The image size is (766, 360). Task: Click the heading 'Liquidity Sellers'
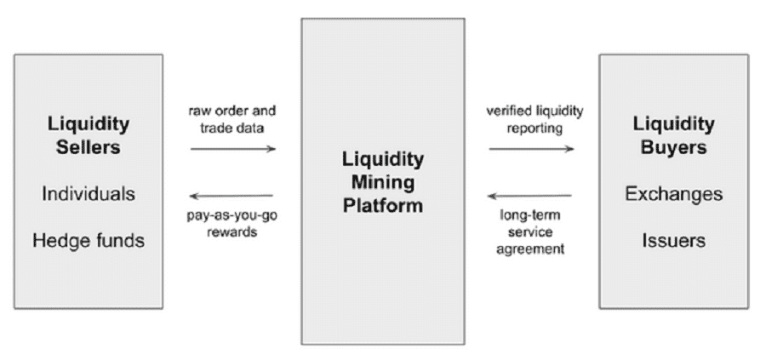pyautogui.click(x=89, y=134)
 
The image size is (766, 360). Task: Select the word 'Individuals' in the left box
pyautogui.click(x=89, y=194)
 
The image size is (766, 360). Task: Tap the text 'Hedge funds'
pyautogui.click(x=89, y=241)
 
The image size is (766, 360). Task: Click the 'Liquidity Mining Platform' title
pyautogui.click(x=382, y=182)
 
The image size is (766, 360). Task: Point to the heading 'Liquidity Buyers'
pyautogui.click(x=673, y=134)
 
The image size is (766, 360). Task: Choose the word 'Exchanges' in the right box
pyautogui.click(x=673, y=194)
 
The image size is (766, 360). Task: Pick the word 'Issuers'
pyautogui.click(x=673, y=241)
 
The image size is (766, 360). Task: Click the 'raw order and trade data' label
pyautogui.click(x=233, y=119)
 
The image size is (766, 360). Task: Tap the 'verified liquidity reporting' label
pyautogui.click(x=529, y=119)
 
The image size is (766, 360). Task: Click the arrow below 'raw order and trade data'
pyautogui.click(x=233, y=148)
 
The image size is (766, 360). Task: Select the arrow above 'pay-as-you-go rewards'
pyautogui.click(x=232, y=196)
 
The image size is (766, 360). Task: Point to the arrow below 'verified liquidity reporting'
pyautogui.click(x=531, y=148)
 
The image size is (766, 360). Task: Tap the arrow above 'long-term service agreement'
pyautogui.click(x=531, y=196)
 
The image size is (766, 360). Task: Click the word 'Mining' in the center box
pyautogui.click(x=382, y=182)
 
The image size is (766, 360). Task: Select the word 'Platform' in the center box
pyautogui.click(x=382, y=205)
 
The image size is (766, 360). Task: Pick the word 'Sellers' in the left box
pyautogui.click(x=89, y=146)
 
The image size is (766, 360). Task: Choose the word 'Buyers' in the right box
pyautogui.click(x=673, y=146)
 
